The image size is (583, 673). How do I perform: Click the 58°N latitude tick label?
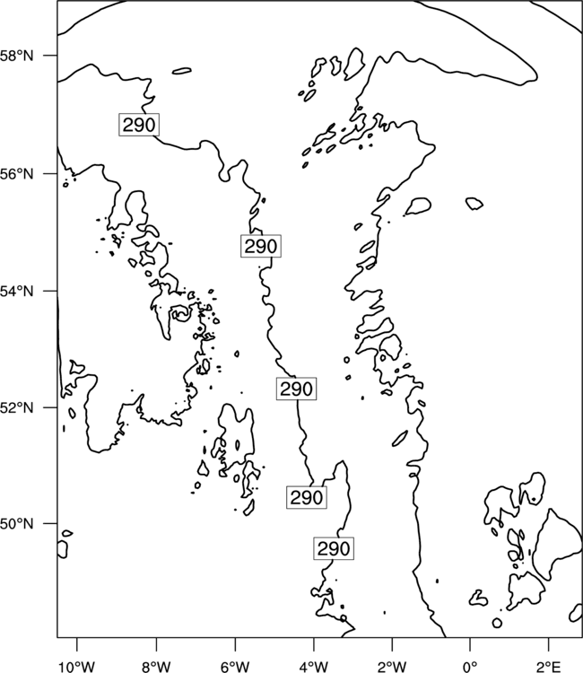(x=17, y=56)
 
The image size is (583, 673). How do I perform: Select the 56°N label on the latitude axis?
(x=17, y=174)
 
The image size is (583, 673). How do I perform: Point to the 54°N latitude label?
(x=17, y=291)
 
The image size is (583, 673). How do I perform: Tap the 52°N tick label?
(x=17, y=407)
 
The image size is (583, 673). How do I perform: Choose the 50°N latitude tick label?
(x=17, y=524)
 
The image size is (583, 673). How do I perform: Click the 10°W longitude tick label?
(x=77, y=667)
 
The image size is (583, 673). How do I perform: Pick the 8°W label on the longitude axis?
(x=156, y=667)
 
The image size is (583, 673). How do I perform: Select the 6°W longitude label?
(x=235, y=667)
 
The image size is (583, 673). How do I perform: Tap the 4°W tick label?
(x=314, y=667)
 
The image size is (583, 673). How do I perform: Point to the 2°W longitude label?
(x=393, y=667)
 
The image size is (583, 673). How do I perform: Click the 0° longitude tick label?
(x=470, y=667)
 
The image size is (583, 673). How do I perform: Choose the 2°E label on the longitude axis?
(x=549, y=667)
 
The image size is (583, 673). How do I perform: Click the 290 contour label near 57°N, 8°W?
(x=139, y=125)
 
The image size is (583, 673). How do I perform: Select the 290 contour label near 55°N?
(x=261, y=247)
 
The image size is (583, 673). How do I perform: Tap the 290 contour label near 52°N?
(x=296, y=389)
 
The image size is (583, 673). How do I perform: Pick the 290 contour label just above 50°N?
(x=307, y=497)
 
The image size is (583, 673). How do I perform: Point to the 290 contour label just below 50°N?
(x=334, y=548)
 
